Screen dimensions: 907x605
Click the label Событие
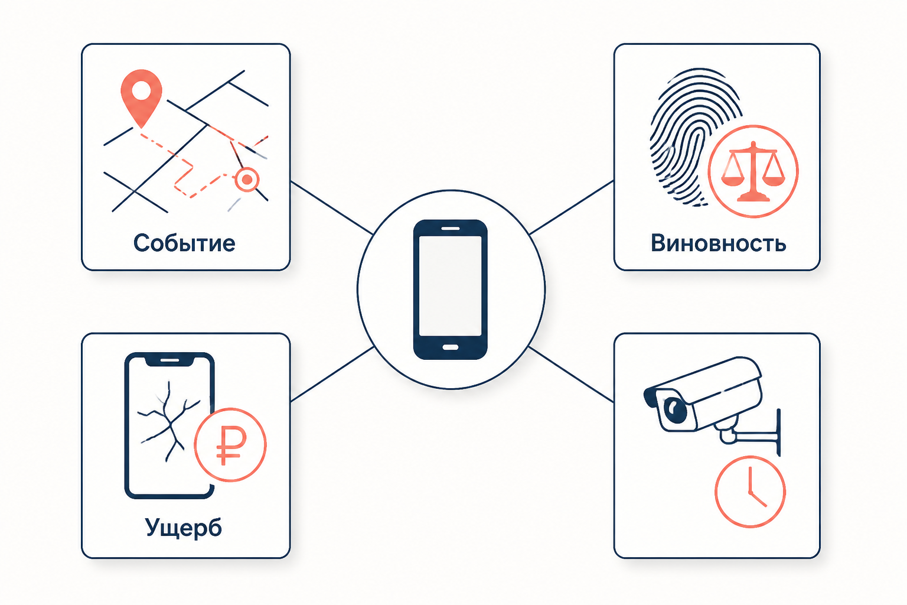coord(184,243)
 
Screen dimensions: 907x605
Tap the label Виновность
coord(718,243)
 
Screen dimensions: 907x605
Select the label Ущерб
coord(184,528)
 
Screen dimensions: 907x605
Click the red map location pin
coord(141,98)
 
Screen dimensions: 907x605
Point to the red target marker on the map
coord(247,179)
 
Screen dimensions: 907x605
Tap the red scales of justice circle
coord(753,171)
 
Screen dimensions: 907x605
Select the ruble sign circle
coord(230,444)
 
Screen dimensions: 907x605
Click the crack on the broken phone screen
coord(169,421)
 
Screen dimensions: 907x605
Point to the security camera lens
coord(674,409)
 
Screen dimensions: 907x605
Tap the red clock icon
coord(751,492)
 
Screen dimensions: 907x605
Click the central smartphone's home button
coord(451,347)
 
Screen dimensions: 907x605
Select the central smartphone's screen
coord(451,286)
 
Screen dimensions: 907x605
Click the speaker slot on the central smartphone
coord(451,229)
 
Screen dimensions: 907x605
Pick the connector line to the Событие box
coord(332,208)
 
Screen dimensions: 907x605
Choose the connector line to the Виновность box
coord(572,207)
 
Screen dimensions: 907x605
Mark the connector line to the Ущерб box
coord(332,374)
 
